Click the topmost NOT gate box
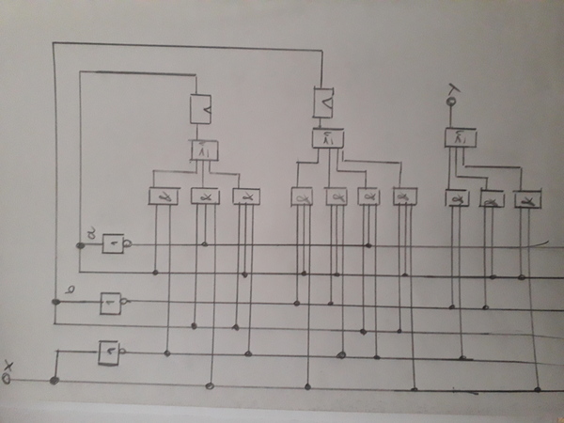coord(114,244)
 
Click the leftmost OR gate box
coord(204,150)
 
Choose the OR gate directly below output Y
coord(460,138)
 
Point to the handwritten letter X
coord(8,366)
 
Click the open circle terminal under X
coord(8,380)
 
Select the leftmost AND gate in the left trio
coord(164,196)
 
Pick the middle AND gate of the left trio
coord(204,196)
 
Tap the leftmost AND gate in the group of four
coord(303,197)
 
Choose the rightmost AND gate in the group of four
coord(404,196)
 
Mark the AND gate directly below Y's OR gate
coord(458,199)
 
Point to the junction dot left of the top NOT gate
coord(81,245)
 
